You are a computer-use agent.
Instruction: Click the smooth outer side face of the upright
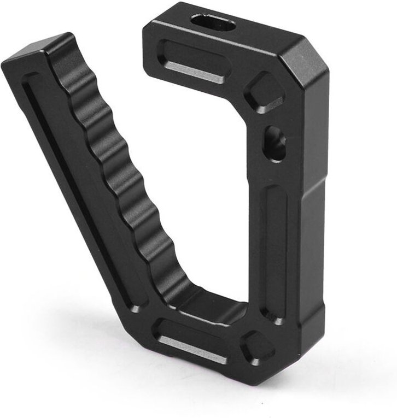click(x=314, y=219)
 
